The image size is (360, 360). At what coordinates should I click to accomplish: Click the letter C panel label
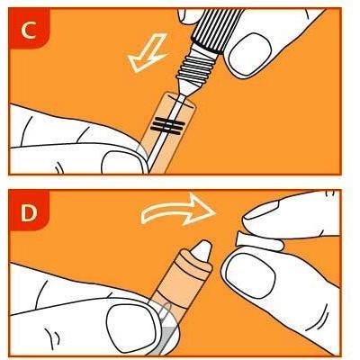point(29,31)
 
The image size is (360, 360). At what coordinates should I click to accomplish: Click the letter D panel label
point(29,213)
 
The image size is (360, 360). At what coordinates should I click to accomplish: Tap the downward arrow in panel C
point(148,53)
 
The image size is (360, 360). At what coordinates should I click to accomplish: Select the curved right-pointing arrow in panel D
point(178,210)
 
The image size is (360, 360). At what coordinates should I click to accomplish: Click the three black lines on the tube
point(167,125)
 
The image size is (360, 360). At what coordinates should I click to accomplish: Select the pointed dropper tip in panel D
point(202,250)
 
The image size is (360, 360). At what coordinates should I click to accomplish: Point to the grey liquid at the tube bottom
point(169,340)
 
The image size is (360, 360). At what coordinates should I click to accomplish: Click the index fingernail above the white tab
point(262,208)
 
